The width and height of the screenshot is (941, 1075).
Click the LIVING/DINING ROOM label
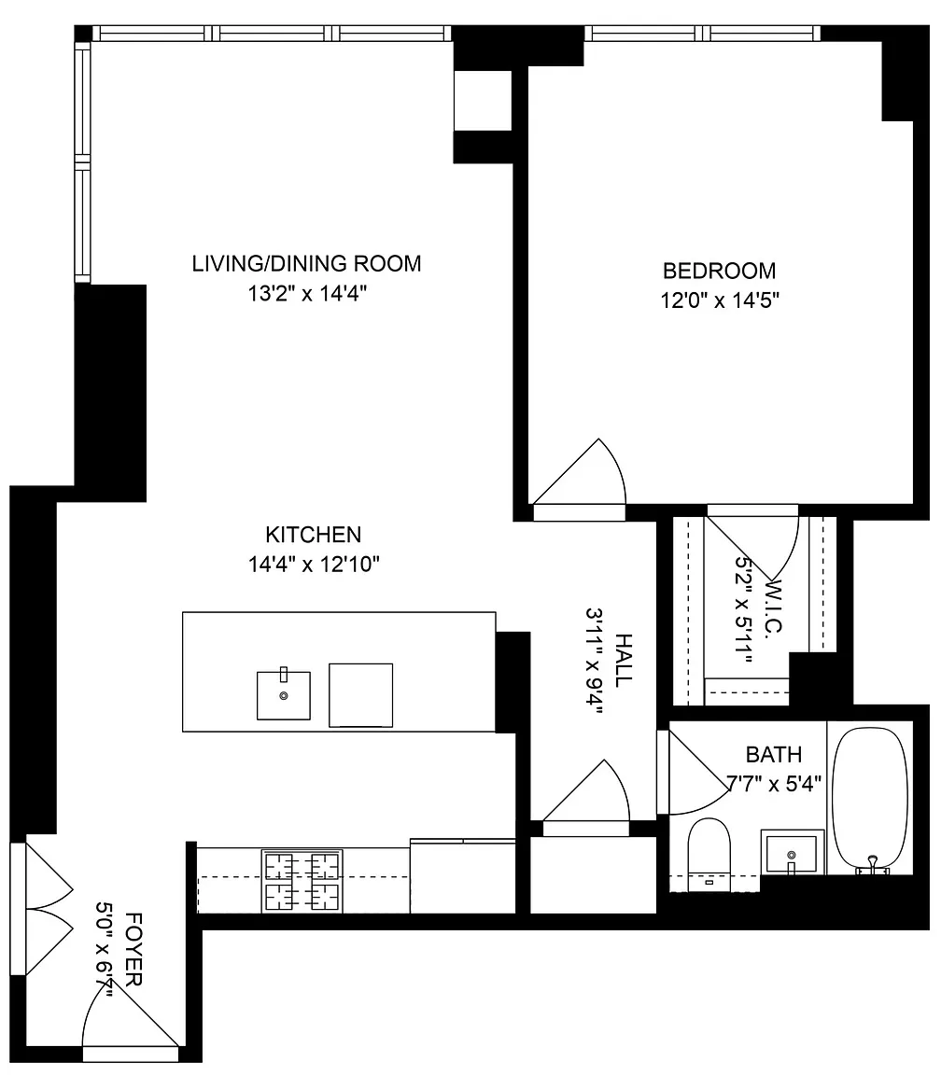(306, 264)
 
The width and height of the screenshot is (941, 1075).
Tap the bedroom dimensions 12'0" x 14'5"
(720, 300)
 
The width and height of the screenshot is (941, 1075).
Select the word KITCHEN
(314, 535)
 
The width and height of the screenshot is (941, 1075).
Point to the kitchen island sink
(283, 694)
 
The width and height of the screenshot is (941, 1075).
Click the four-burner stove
(302, 881)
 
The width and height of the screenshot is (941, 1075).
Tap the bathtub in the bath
(870, 800)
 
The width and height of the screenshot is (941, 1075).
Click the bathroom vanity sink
(793, 853)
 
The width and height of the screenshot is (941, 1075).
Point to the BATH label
(774, 755)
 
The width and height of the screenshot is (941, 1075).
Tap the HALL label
(624, 661)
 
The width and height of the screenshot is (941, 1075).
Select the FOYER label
(133, 949)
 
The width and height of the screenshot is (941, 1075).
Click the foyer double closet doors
(43, 908)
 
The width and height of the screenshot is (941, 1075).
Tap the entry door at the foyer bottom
(131, 1020)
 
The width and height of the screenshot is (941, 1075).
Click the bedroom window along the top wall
(702, 34)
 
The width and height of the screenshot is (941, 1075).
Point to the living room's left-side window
(82, 162)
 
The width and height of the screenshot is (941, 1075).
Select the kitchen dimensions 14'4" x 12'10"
(314, 565)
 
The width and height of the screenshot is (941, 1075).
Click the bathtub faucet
(873, 866)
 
